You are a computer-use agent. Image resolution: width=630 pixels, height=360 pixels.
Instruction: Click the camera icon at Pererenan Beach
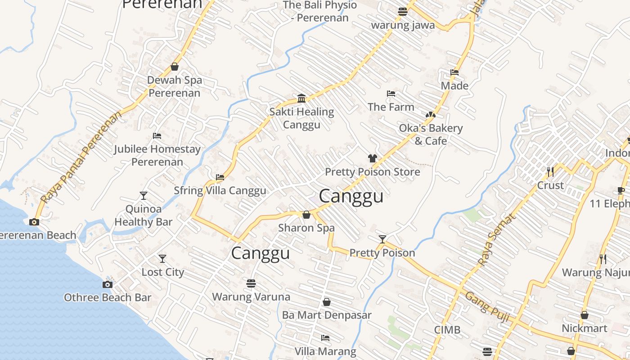tap(34, 222)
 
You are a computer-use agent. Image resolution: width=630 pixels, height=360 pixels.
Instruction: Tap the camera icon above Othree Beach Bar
tap(107, 284)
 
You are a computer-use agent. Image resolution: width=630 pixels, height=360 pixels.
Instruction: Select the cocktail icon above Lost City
tap(162, 259)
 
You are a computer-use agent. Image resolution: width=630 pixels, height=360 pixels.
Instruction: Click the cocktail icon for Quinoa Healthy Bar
tap(143, 196)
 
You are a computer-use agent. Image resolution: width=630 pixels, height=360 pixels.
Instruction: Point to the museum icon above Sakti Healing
tap(301, 98)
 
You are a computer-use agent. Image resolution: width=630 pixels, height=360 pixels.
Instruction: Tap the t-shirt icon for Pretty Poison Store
tap(372, 158)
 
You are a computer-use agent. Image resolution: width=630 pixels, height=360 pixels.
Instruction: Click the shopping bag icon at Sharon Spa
tap(306, 215)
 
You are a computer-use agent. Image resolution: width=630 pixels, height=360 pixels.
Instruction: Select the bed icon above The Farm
tap(391, 94)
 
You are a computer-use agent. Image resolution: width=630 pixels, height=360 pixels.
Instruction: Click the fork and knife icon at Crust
tap(550, 172)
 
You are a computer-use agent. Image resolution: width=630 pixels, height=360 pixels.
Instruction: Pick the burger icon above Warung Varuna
tap(251, 283)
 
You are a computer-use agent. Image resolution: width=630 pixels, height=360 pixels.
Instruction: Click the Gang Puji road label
tap(487, 307)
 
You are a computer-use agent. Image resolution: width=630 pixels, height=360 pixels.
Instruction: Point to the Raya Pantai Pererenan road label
tap(81, 157)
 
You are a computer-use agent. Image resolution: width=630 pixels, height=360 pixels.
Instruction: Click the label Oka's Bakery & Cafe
tap(431, 135)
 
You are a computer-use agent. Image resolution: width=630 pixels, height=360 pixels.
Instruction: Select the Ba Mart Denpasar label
tap(327, 315)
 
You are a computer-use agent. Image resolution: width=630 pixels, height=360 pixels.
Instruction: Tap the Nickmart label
tap(584, 328)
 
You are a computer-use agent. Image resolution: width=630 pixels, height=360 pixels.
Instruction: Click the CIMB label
tap(447, 330)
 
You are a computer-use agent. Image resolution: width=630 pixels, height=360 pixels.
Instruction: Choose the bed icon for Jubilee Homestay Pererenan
tap(157, 135)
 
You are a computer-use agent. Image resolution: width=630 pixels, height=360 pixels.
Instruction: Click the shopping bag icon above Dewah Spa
tap(175, 67)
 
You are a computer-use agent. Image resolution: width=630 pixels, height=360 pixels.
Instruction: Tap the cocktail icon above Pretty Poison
tap(382, 239)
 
